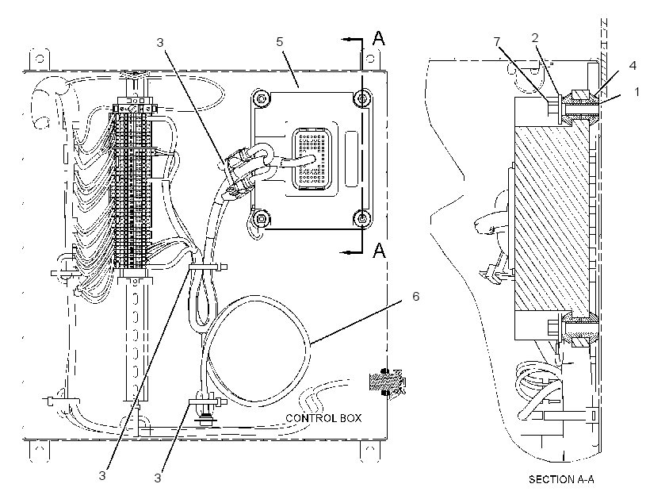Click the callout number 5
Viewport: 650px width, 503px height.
click(280, 41)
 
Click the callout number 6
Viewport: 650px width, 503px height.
click(415, 296)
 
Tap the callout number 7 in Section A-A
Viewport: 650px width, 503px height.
click(497, 41)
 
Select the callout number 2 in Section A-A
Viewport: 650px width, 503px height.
click(535, 38)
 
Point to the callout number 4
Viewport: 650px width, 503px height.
click(633, 65)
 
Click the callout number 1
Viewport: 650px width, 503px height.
click(637, 91)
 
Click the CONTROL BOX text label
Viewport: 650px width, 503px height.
click(323, 418)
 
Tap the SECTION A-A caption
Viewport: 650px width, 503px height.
click(561, 479)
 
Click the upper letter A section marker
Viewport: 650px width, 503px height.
click(378, 38)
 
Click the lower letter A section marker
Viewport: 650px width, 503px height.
click(379, 250)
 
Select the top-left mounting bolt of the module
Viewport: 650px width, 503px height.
click(261, 98)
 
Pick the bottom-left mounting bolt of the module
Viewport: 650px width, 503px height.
click(261, 217)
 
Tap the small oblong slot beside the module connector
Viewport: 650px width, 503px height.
click(351, 159)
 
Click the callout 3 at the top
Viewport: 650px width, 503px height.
click(160, 42)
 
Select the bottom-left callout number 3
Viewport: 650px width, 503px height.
click(102, 475)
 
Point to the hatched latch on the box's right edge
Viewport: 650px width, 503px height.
click(387, 381)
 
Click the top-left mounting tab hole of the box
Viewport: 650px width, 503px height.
click(40, 59)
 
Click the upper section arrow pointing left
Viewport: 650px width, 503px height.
click(351, 39)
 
